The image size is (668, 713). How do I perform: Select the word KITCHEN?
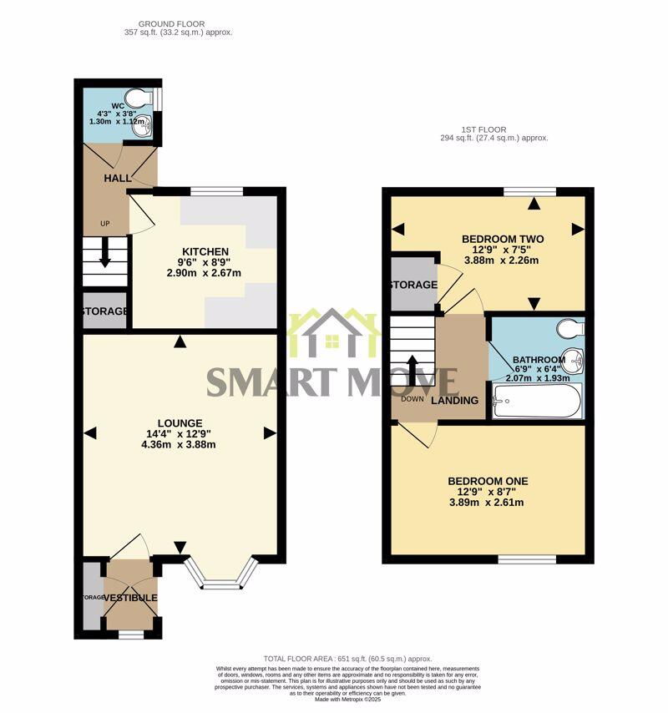pyautogui.click(x=205, y=251)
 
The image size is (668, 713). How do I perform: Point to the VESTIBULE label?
pyautogui.click(x=131, y=598)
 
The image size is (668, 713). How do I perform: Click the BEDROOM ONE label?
pyautogui.click(x=488, y=481)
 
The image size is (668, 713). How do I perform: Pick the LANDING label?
pyautogui.click(x=454, y=401)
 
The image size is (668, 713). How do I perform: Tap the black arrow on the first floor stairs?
pyautogui.click(x=412, y=367)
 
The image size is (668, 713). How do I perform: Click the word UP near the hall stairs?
pyautogui.click(x=104, y=223)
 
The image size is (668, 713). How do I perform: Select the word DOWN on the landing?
pyautogui.click(x=412, y=398)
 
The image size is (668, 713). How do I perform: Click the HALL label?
pyautogui.click(x=117, y=180)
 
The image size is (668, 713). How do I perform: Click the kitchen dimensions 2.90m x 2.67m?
pyautogui.click(x=205, y=273)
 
